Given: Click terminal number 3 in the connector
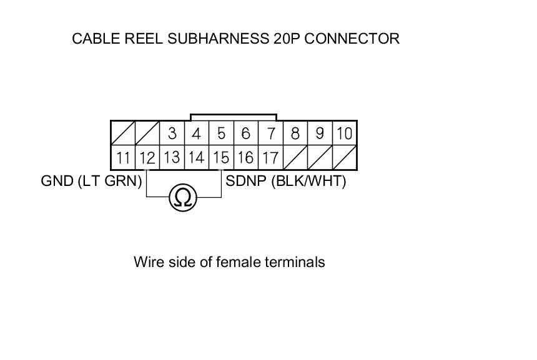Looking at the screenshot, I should coord(172,134).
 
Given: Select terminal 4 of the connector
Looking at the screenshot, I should coord(197,134).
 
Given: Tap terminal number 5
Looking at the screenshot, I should coord(221,134).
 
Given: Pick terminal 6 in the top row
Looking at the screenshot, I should coord(245,134).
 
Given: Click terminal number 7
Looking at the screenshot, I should coord(270,134).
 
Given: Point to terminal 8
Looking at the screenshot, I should coord(295,134).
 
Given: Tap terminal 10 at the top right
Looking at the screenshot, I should coord(344,134).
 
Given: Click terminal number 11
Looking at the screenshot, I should coord(123,157).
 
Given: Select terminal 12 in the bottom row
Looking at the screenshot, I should coord(147,157).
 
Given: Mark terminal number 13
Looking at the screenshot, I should coord(172,157).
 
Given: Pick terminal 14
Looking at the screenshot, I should coord(197,157).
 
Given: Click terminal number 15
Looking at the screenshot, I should coord(221,157).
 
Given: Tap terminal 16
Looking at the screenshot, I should coord(245,157).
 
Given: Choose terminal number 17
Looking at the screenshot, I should coord(270,157).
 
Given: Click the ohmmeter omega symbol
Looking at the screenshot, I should coord(183,198).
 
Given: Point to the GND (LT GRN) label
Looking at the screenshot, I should coord(91,181).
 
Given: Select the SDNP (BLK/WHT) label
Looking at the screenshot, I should coord(285,181).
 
